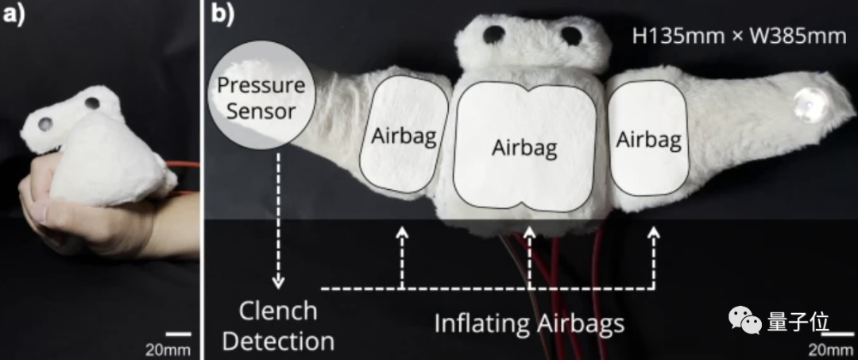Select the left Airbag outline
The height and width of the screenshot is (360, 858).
(404, 134)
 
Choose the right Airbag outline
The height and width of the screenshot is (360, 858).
(648, 138)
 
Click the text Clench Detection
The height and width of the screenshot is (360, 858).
(277, 326)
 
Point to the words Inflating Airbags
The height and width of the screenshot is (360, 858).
(528, 323)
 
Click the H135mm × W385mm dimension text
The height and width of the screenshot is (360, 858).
(739, 36)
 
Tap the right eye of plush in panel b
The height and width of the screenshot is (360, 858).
(572, 34)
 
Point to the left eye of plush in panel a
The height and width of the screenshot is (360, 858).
(47, 123)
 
